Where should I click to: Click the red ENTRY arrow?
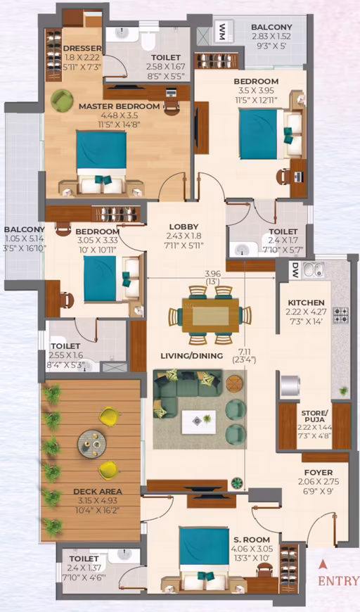point(322,564)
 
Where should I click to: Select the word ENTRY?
point(338,581)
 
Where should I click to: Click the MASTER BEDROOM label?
point(120,106)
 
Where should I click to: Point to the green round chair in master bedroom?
point(62,101)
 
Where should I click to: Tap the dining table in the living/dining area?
point(211,316)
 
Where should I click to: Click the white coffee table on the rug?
point(198,422)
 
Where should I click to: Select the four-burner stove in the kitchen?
point(340,315)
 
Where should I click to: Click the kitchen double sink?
point(314,270)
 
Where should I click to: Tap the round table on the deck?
point(92,444)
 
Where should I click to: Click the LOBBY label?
point(184,227)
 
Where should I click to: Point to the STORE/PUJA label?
point(314,416)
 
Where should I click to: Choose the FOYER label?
point(319,472)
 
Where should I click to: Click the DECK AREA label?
point(98,492)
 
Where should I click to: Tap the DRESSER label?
point(82,49)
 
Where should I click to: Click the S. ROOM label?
point(252,540)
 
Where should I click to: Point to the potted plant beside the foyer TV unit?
point(237,483)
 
